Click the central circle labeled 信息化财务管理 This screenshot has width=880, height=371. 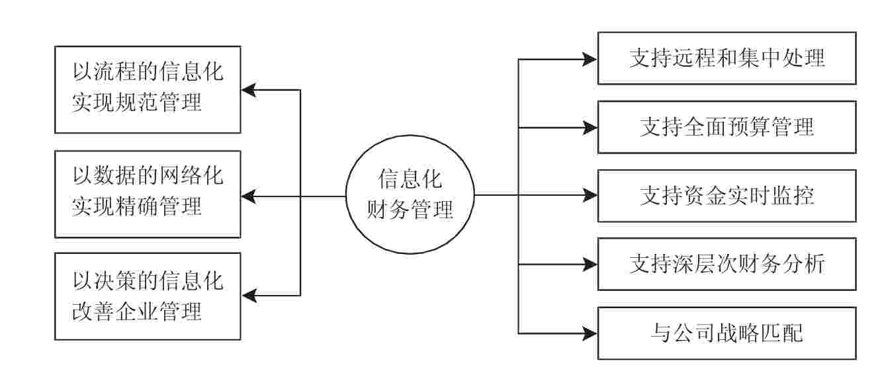click(x=410, y=196)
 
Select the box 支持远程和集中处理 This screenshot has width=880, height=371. click(x=726, y=58)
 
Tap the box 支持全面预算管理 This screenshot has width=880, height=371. click(x=726, y=127)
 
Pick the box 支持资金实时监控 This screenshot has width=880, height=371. click(x=726, y=196)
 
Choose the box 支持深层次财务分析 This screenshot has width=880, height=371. click(x=726, y=265)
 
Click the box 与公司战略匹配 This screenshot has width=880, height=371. click(x=726, y=333)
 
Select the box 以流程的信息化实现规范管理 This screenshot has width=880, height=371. click(x=148, y=89)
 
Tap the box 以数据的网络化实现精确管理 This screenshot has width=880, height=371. click(x=148, y=194)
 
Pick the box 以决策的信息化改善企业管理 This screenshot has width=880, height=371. click(x=148, y=296)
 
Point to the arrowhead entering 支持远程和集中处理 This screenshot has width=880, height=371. click(x=590, y=59)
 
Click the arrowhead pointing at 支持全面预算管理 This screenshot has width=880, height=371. click(x=590, y=127)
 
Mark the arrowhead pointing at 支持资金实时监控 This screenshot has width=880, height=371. click(x=590, y=196)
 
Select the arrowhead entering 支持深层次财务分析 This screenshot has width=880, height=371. click(x=590, y=265)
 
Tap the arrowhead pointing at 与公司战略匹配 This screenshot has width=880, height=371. click(x=590, y=333)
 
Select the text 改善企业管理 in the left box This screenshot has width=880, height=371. click(x=138, y=311)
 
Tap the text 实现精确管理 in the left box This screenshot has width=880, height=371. click(x=138, y=208)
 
